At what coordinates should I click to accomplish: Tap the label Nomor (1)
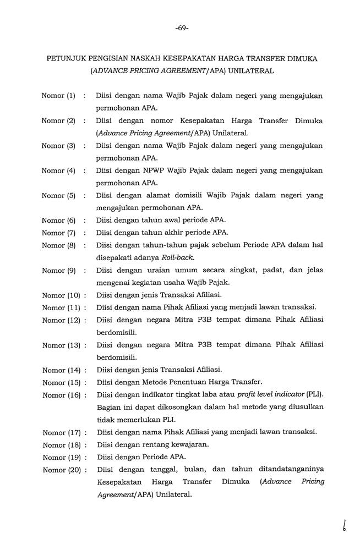(58, 96)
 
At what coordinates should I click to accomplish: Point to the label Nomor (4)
(58, 170)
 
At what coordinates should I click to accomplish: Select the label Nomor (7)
(58, 233)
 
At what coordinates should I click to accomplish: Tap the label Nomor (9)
(58, 270)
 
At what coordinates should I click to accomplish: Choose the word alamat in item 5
(155, 195)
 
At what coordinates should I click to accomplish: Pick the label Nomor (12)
(61, 320)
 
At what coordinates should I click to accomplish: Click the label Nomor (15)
(61, 382)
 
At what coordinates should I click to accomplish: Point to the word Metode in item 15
(158, 382)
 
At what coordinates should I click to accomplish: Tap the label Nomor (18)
(61, 444)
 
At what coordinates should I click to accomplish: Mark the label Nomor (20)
(61, 469)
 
